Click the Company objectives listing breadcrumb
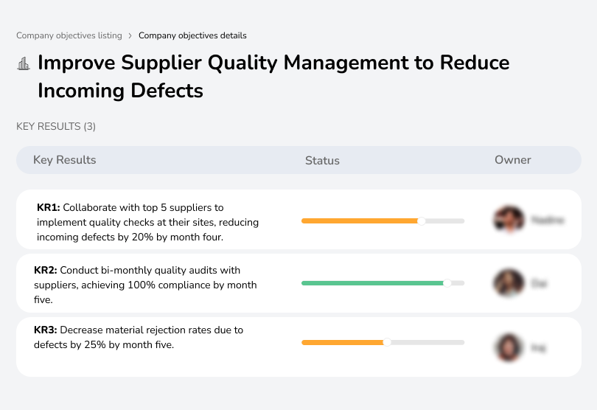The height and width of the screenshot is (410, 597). (69, 35)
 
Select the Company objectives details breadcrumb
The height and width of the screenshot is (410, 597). (192, 35)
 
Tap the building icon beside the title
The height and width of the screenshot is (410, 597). (24, 63)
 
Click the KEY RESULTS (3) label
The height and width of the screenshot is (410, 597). (56, 127)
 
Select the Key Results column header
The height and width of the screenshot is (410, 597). (65, 160)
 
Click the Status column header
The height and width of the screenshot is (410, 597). (322, 161)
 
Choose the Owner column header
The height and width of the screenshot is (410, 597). (513, 160)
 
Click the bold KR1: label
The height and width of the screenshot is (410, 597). (49, 208)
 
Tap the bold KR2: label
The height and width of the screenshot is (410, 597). (46, 271)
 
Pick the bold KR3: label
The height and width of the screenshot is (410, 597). (46, 330)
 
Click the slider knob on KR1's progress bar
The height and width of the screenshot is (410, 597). (422, 220)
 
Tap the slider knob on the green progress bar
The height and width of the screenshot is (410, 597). (447, 282)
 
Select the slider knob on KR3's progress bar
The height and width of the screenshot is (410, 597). (387, 342)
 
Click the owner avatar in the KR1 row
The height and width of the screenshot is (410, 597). (508, 220)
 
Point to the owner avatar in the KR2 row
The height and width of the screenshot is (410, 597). (508, 283)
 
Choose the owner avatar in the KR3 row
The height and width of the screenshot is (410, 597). (508, 347)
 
